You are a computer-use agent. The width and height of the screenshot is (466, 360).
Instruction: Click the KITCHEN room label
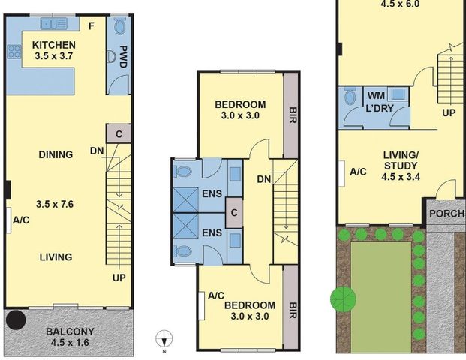pos(54,45)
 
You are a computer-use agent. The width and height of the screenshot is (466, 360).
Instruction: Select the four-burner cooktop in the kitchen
pos(14,52)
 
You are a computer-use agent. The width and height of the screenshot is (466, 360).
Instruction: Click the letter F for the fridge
pos(92,26)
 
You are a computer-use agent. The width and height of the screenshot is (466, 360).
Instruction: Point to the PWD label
pos(123,56)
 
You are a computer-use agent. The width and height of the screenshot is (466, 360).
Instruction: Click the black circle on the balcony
pos(16,320)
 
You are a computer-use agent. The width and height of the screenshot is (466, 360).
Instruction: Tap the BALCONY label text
pos(70,331)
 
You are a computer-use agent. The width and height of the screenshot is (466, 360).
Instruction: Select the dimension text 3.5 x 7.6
pos(55,204)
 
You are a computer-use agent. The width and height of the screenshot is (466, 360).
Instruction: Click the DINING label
pos(56,154)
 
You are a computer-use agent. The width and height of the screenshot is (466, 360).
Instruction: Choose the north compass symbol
pos(164,338)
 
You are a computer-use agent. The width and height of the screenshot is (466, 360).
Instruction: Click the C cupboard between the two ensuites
pos(234,213)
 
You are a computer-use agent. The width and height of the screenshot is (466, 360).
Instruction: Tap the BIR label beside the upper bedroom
pos(293,115)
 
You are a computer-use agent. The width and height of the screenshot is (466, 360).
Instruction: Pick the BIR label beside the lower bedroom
pos(293,310)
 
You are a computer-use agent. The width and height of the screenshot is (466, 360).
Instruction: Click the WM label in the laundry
pos(376,96)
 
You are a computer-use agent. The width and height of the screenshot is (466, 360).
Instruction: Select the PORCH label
pos(447,214)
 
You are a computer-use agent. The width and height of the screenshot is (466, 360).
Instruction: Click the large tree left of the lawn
pos(343,299)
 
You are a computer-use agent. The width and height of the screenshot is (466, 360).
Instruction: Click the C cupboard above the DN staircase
pos(119,134)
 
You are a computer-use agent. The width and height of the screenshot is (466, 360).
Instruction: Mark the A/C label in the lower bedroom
pos(216,295)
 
